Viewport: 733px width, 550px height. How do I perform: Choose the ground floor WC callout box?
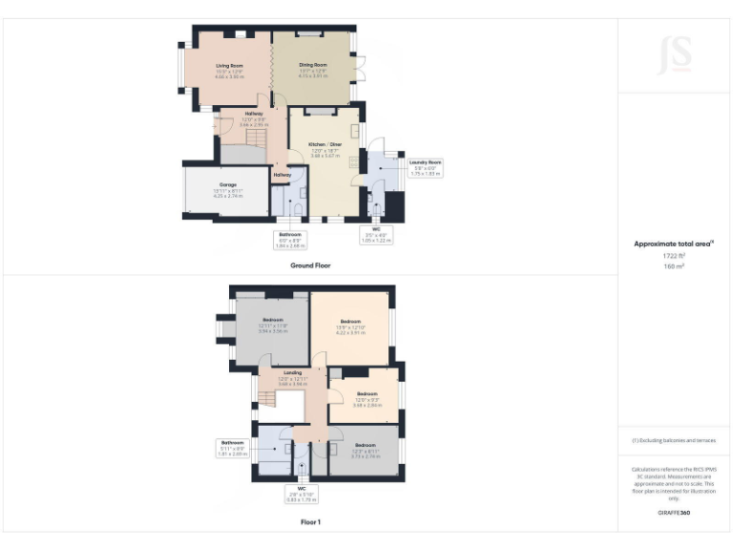[376, 234]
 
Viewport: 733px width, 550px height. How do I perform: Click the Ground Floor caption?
[310, 265]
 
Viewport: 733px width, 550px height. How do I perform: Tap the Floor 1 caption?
[310, 522]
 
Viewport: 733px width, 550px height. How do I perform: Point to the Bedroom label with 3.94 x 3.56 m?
[272, 326]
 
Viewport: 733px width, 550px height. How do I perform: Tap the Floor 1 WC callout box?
[302, 495]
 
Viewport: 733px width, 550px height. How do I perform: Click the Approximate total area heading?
[674, 244]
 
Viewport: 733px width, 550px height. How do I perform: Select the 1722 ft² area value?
[674, 256]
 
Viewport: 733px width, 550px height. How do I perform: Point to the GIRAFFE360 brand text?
[674, 513]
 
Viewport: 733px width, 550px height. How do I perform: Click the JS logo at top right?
[674, 54]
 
